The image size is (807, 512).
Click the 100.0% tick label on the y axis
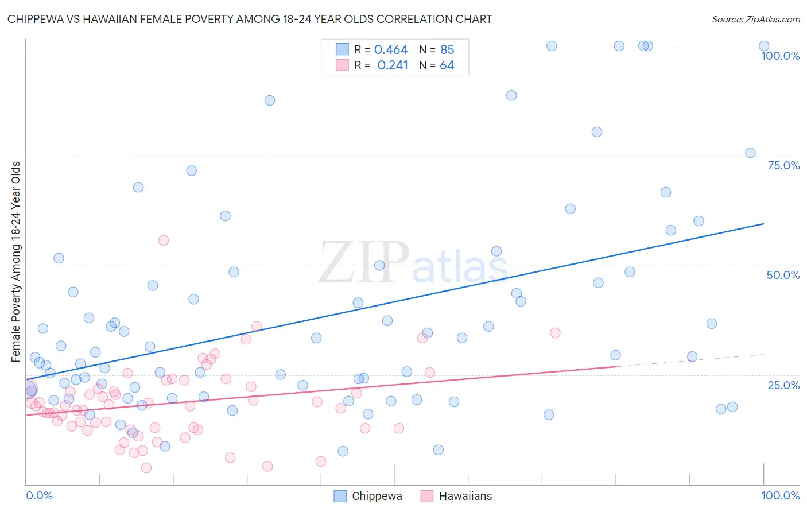[x=780, y=56]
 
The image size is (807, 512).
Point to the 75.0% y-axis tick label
[x=783, y=165]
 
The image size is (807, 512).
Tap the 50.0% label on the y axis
[x=783, y=275]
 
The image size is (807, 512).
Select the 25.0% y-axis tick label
[x=783, y=385]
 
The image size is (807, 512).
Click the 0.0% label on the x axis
[x=39, y=495]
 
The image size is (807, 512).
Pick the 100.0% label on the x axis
[x=780, y=495]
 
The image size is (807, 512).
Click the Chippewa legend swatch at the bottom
[x=340, y=496]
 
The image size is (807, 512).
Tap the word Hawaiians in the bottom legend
[x=465, y=496]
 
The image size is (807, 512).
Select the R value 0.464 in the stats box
[x=391, y=50]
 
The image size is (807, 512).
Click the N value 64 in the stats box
[x=447, y=65]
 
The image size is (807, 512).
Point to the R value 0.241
[x=393, y=65]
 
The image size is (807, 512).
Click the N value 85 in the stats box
[x=447, y=50]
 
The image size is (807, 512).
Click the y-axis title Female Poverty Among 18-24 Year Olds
[x=15, y=262]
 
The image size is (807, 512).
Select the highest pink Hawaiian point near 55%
[x=164, y=241]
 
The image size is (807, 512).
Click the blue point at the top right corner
[x=763, y=46]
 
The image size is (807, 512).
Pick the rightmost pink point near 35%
[x=555, y=333]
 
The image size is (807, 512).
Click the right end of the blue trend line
[x=763, y=224]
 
